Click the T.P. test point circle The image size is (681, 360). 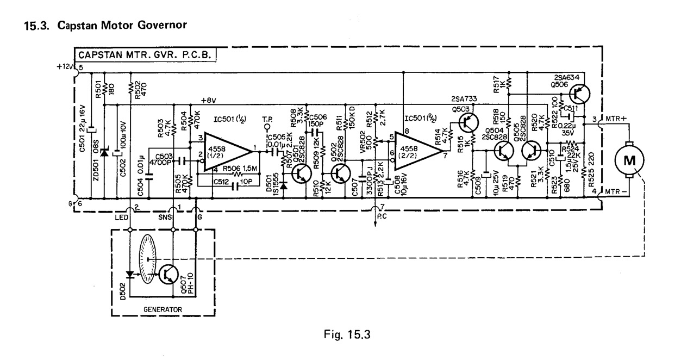click(x=267, y=128)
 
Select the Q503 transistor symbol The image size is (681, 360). click(x=467, y=122)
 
